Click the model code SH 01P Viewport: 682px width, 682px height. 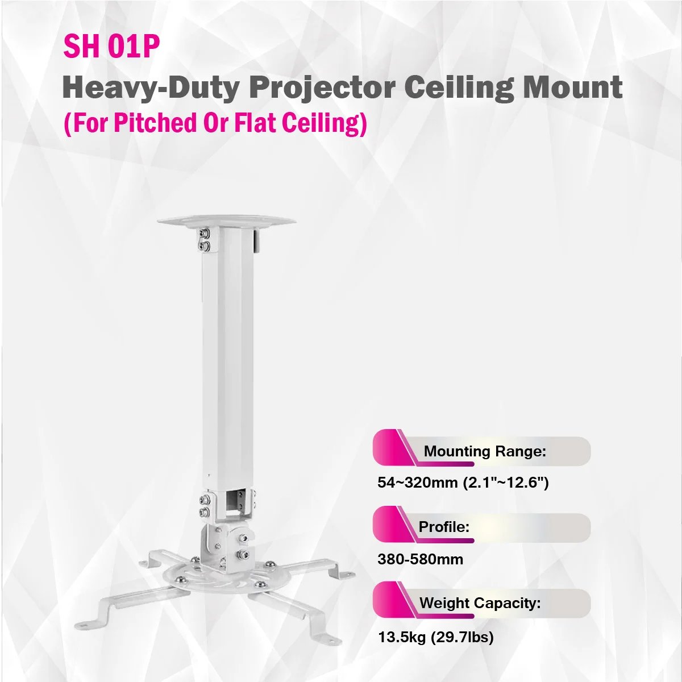pyautogui.click(x=111, y=47)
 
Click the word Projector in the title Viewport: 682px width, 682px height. pyautogui.click(x=322, y=89)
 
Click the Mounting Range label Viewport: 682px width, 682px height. pyautogui.click(x=485, y=451)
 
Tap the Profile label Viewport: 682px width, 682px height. pyautogui.click(x=444, y=527)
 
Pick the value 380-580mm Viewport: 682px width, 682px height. pyautogui.click(x=420, y=559)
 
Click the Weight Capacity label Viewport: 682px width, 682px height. pyautogui.click(x=480, y=603)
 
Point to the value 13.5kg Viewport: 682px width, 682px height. pyautogui.click(x=402, y=637)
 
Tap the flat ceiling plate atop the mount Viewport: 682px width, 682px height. pyautogui.click(x=227, y=221)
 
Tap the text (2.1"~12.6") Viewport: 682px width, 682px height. pyautogui.click(x=506, y=483)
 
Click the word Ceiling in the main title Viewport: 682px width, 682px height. pyautogui.click(x=460, y=89)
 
